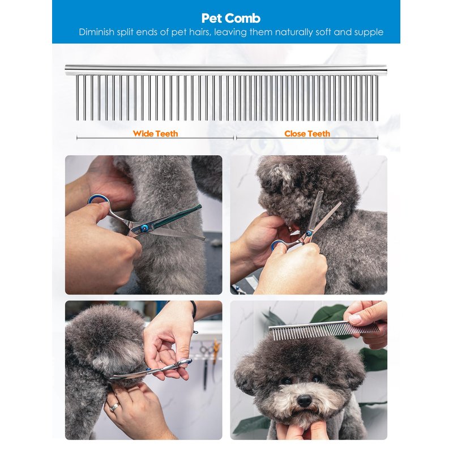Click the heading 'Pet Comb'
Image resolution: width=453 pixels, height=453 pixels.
pos(231,18)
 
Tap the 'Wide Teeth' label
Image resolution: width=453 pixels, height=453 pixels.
pos(155,134)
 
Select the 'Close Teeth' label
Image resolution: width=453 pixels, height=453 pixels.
pos(307,134)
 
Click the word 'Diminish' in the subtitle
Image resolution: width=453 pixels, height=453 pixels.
pos(97,32)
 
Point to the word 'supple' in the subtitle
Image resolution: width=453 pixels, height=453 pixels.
pos(369,32)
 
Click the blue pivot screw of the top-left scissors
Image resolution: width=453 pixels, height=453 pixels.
pos(143,228)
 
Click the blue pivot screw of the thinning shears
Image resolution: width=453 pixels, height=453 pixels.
pos(309,233)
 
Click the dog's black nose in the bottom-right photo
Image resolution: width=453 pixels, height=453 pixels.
pos(304,400)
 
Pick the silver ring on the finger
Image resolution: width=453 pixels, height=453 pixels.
pos(115,407)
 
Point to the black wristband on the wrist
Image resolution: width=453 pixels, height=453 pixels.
pos(194,309)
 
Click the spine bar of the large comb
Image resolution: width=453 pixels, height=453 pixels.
pos(226,70)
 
